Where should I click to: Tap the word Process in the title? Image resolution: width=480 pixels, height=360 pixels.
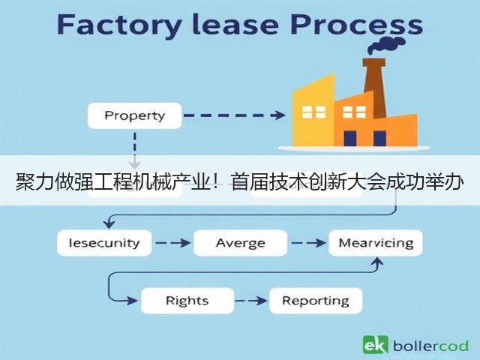coord(357,25)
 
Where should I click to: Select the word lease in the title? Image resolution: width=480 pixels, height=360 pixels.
coord(235,24)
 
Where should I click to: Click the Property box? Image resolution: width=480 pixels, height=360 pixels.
coord(135,115)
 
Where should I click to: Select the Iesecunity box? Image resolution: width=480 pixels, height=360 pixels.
coord(104,243)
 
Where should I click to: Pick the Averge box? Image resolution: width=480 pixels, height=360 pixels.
coord(241,243)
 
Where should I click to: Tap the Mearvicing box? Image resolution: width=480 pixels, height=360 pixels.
coord(376,243)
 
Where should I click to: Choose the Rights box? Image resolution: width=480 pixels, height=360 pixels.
coord(187,301)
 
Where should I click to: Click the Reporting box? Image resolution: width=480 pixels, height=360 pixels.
coord(316,301)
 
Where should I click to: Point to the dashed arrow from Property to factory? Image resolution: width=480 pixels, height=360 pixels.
coord(235,115)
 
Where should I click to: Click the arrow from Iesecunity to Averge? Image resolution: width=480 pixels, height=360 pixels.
coord(173,243)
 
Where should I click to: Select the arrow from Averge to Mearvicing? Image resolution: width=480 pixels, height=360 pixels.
coord(308,243)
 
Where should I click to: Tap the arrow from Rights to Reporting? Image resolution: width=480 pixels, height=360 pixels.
coord(251,301)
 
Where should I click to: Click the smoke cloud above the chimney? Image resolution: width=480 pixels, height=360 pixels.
coord(386,45)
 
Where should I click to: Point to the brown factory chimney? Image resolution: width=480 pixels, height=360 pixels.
coord(375,87)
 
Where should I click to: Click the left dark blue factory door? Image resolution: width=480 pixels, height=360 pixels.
coord(350,138)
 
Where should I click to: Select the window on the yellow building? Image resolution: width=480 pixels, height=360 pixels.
coord(313,112)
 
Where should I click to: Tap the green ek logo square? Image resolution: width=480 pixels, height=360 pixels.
coord(375,345)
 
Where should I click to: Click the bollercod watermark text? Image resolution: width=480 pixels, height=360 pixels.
coord(430,346)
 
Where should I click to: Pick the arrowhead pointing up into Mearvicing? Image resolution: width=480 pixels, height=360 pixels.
coord(378,262)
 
